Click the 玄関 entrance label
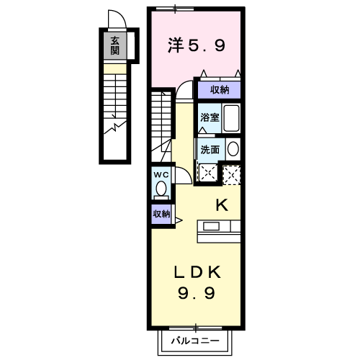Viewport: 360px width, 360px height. click(x=114, y=45)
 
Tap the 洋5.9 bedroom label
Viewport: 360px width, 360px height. click(x=197, y=45)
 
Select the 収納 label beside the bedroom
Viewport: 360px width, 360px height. click(x=220, y=90)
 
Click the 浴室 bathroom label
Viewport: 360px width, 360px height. click(x=210, y=117)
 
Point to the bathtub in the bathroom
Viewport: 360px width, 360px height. click(x=231, y=118)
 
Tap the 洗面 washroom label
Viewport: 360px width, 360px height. click(x=210, y=150)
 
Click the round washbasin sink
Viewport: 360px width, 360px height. click(x=233, y=149)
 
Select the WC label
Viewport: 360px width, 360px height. click(x=161, y=175)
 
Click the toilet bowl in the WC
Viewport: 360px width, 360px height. click(x=161, y=189)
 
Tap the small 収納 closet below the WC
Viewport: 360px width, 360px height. click(x=161, y=214)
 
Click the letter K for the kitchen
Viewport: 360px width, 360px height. click(x=222, y=205)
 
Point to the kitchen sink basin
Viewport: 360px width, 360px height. click(x=211, y=226)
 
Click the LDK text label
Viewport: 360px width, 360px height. click(x=197, y=272)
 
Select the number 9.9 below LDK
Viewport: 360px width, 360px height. click(x=197, y=293)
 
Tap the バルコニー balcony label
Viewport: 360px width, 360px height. click(x=195, y=341)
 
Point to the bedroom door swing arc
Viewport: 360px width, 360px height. click(x=181, y=84)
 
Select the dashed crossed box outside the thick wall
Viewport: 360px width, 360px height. click(x=232, y=175)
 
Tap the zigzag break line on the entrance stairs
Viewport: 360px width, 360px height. click(x=115, y=127)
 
